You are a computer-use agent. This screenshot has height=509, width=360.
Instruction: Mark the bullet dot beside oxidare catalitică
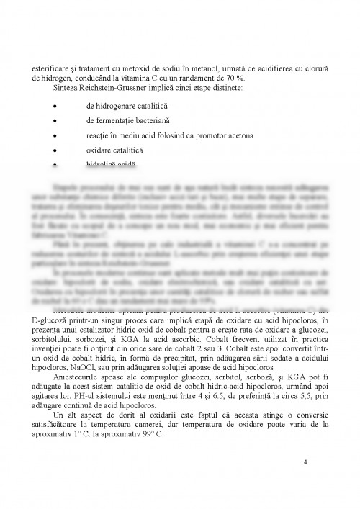click(x=54, y=150)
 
